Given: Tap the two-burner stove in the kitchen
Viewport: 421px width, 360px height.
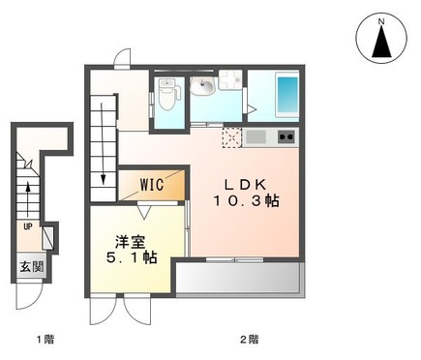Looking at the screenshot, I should (x=286, y=137).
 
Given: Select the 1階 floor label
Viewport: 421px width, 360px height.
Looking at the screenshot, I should (x=45, y=340).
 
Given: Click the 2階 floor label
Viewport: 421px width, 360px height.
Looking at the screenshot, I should (x=249, y=340).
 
